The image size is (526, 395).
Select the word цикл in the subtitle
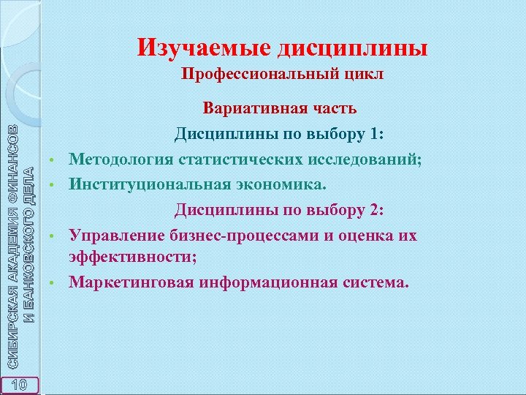[x=364, y=75]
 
